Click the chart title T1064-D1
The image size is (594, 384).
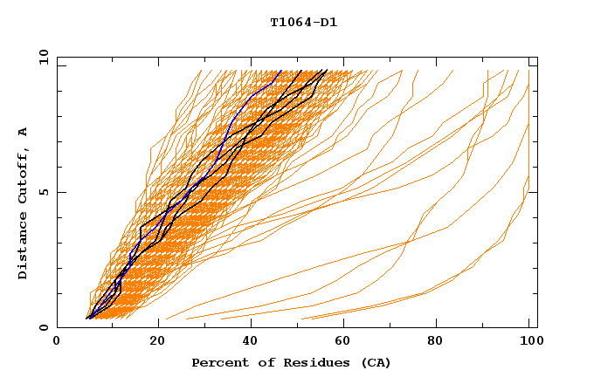point(303,23)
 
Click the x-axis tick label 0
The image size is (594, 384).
point(57,342)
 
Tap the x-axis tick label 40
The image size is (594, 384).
point(252,342)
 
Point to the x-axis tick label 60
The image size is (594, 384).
point(346,342)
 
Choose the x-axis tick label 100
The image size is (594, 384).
point(528,342)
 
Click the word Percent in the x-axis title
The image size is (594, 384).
point(218,363)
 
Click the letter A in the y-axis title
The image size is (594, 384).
point(24,131)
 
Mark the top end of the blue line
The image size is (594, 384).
point(280,71)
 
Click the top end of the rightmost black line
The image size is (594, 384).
point(328,70)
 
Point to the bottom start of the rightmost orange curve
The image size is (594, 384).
point(301,319)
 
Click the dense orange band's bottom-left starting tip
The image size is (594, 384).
point(86,319)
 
